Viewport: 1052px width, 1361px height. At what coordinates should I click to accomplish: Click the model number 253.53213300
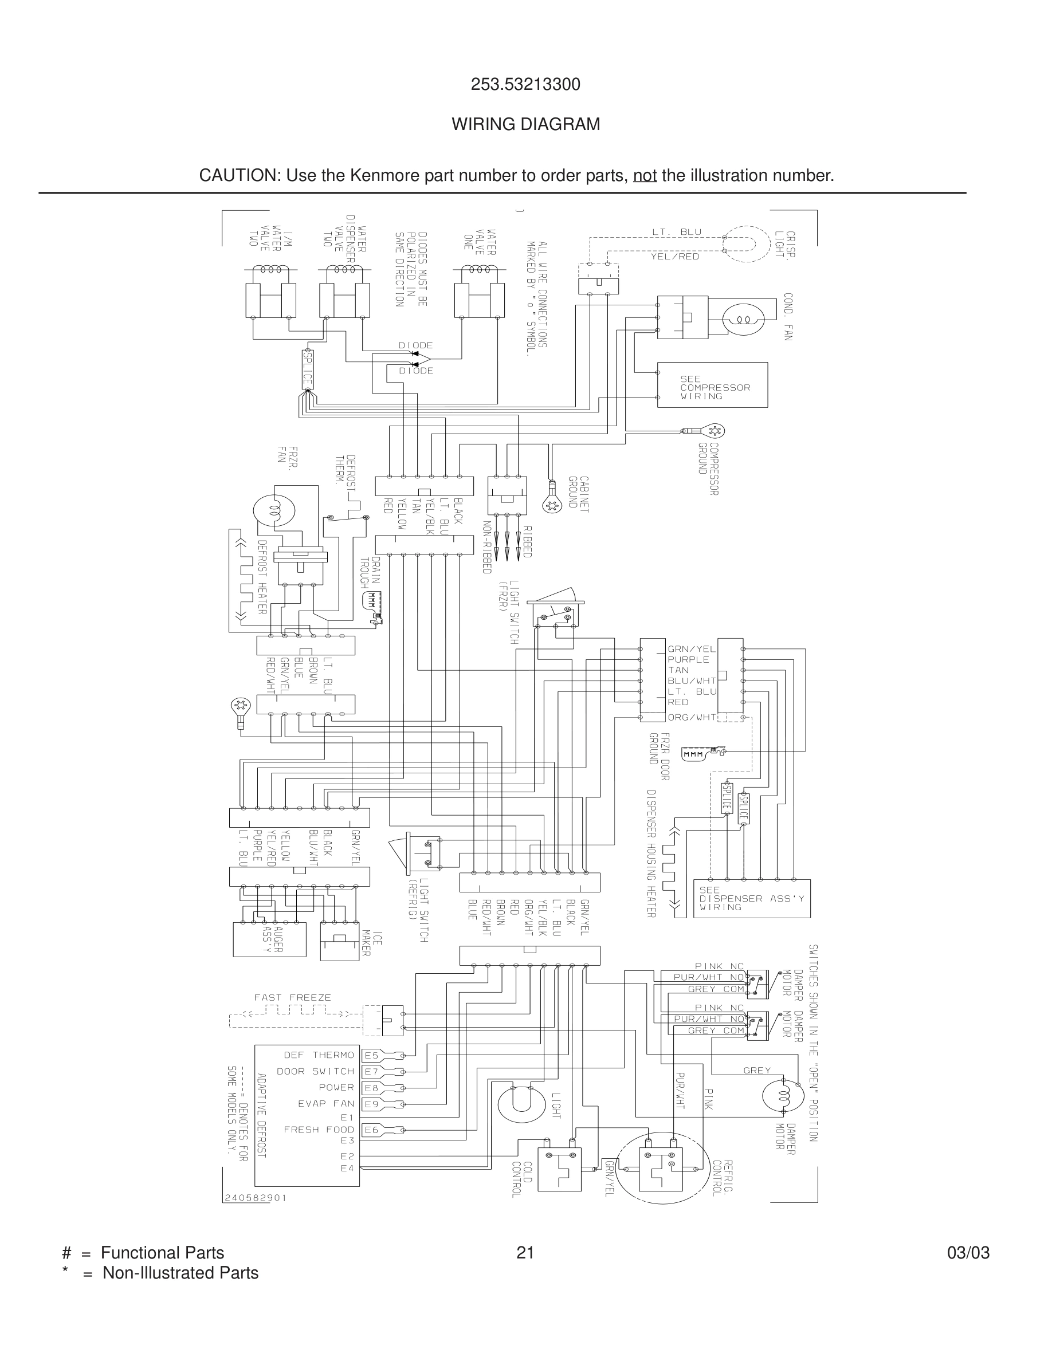[x=525, y=84]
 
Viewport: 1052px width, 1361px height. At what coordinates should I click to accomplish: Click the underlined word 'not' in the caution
[x=645, y=176]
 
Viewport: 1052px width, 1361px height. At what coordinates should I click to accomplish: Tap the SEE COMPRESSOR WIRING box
[x=712, y=385]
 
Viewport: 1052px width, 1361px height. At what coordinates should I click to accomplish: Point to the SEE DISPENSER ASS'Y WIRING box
[x=751, y=898]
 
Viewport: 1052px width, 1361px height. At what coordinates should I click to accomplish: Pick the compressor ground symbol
[x=713, y=431]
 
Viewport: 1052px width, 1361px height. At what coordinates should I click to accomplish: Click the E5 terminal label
[x=371, y=1055]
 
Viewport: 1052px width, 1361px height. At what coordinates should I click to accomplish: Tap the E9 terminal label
[x=371, y=1104]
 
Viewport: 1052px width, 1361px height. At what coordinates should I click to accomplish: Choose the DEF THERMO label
[x=319, y=1055]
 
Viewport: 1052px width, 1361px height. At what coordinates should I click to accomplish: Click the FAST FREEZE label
[x=292, y=998]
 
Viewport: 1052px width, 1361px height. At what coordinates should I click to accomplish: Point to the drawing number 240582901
[x=255, y=1198]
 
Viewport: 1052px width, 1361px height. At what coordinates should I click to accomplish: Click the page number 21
[x=525, y=1253]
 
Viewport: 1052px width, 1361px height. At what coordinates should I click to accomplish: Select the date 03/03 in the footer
[x=968, y=1253]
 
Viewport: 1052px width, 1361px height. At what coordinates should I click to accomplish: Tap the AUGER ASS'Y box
[x=269, y=939]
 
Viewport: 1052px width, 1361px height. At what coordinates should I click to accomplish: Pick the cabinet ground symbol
[x=552, y=505]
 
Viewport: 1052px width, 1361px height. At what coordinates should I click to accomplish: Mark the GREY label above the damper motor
[x=756, y=1071]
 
